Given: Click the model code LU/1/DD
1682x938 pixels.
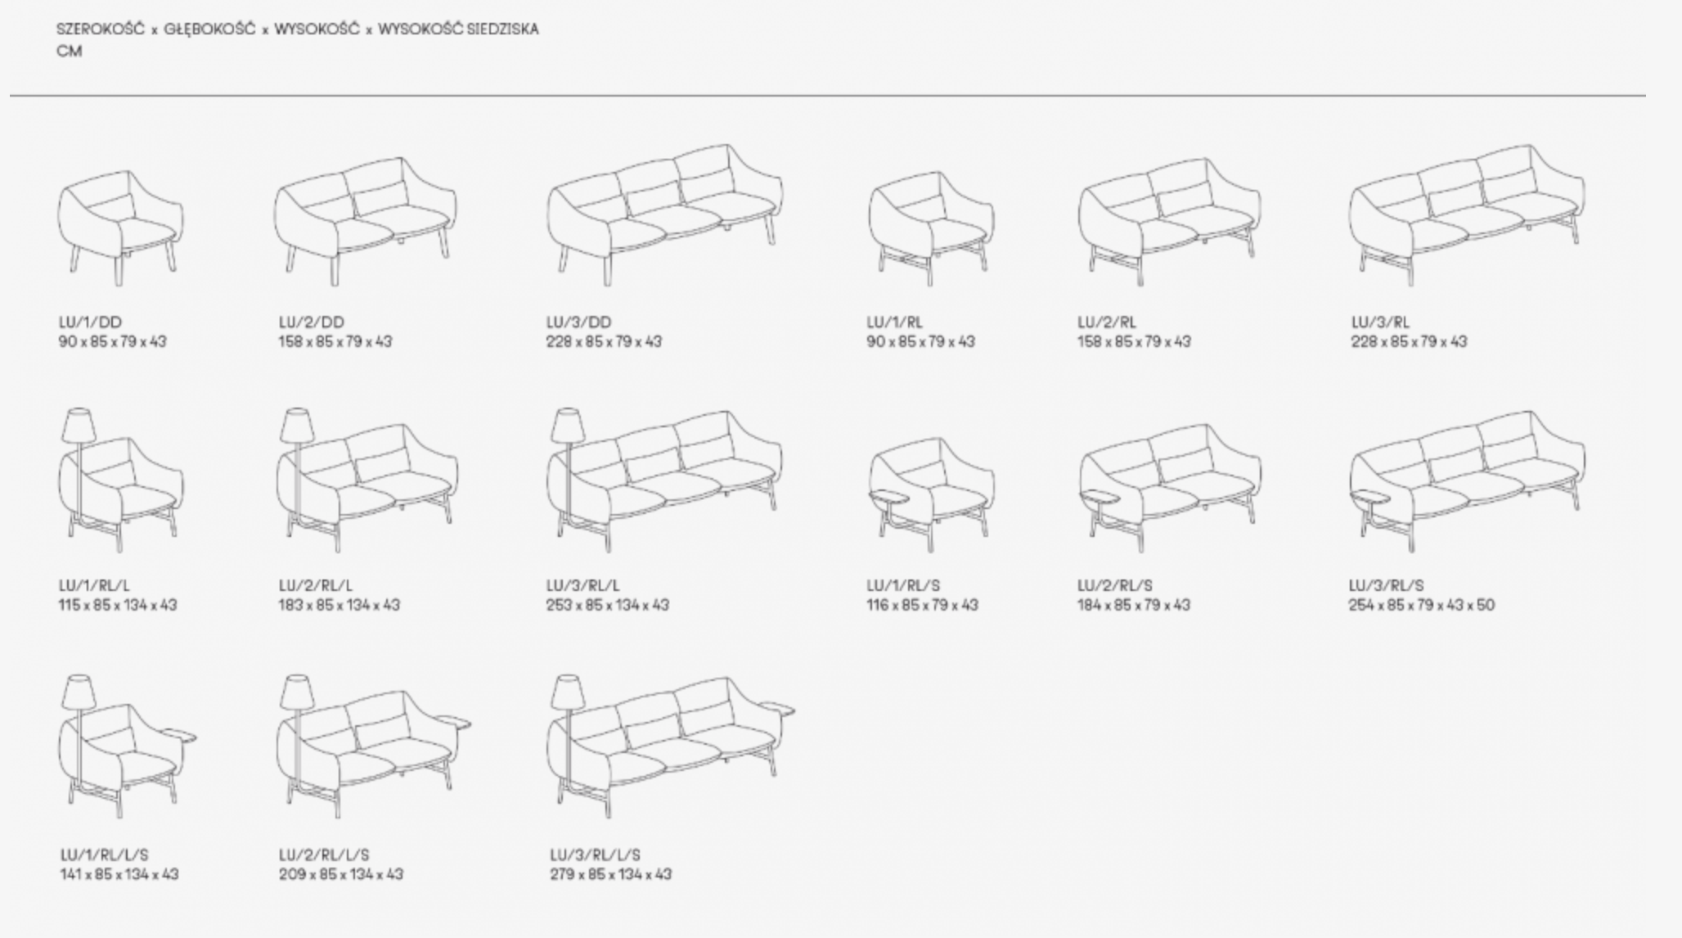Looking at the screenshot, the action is point(90,322).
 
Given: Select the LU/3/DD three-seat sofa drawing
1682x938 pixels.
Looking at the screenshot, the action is point(664,215).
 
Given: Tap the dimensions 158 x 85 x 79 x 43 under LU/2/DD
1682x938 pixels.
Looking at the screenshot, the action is point(335,341).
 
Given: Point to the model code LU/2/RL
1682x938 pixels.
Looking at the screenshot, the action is point(1106,322).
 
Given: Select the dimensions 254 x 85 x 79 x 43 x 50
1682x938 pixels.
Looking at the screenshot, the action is point(1421,605).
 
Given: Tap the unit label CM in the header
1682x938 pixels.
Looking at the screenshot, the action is point(70,51).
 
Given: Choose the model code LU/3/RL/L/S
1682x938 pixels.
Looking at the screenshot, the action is point(595,855).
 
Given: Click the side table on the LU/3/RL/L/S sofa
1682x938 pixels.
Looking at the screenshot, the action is point(776,706).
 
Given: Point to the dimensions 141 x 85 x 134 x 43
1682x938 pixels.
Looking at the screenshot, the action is point(119,874).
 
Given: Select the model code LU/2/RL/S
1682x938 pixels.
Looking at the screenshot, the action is point(1114,585).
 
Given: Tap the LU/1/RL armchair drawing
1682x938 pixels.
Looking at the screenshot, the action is point(931,228).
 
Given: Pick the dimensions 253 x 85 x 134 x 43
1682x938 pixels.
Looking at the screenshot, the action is point(607,605).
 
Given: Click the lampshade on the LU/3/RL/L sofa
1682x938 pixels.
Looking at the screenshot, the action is point(566,426).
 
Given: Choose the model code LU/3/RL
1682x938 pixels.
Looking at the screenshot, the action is point(1380,322).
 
